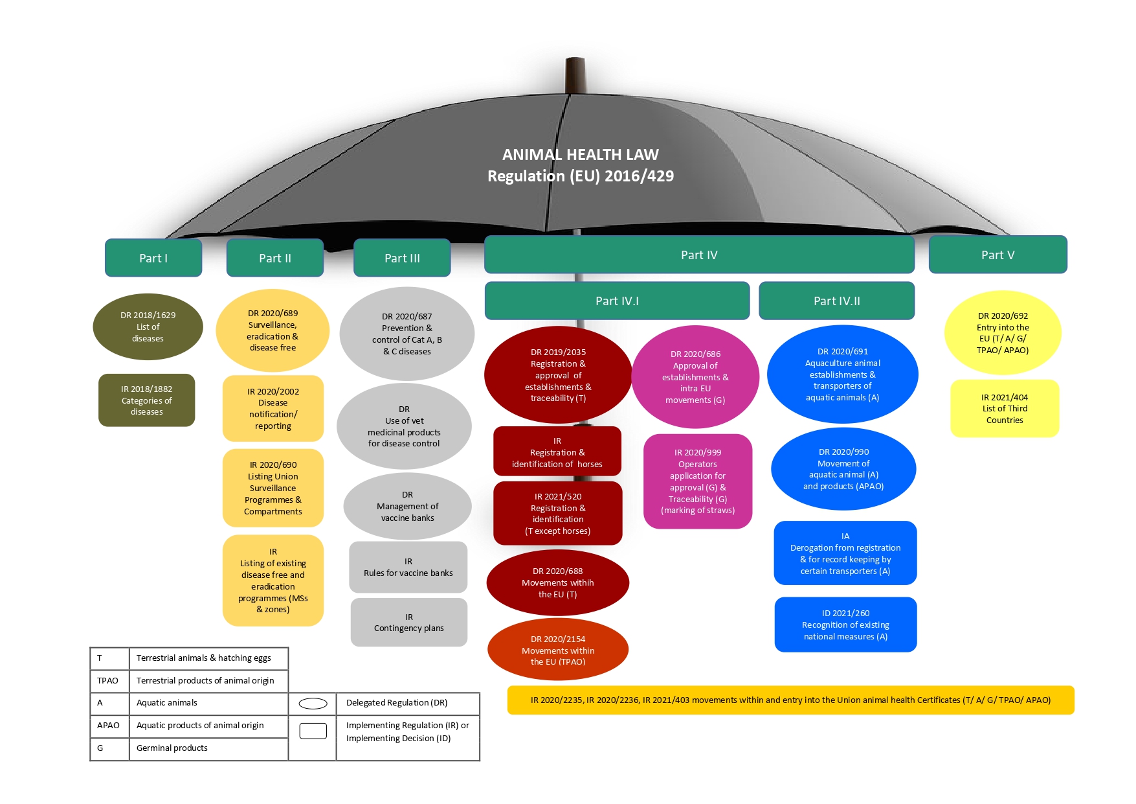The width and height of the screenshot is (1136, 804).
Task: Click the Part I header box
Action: click(x=153, y=258)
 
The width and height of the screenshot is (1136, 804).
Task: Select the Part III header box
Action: click(x=402, y=258)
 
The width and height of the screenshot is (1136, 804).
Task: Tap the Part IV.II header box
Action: click(x=836, y=301)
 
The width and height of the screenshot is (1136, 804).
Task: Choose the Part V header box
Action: click(x=997, y=255)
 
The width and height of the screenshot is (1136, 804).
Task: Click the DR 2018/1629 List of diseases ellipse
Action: click(x=148, y=327)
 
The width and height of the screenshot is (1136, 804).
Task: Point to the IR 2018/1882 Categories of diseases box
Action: click(x=147, y=400)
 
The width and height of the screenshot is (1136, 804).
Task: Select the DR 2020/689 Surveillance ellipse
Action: click(x=273, y=330)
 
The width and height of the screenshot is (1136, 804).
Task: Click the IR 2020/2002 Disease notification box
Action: click(x=273, y=409)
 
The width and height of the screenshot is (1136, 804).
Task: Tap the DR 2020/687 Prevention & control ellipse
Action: click(x=407, y=334)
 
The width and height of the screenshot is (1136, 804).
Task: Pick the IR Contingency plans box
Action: click(x=408, y=623)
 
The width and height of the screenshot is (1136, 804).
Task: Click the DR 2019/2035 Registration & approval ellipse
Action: click(x=558, y=375)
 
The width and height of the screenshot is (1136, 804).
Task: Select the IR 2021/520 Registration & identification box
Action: click(x=558, y=513)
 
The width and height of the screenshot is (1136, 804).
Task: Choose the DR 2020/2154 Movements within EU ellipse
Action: click(x=558, y=650)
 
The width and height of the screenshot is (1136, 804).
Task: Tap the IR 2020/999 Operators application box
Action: click(x=698, y=481)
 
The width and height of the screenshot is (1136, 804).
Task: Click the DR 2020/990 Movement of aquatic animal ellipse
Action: click(x=843, y=469)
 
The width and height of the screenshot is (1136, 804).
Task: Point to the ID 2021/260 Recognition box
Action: click(x=845, y=625)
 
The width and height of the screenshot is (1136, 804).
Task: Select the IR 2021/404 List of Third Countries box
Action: click(x=1005, y=409)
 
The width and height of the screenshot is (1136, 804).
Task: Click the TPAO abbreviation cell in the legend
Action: click(x=109, y=680)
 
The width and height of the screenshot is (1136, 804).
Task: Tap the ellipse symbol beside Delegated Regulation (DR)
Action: click(x=313, y=704)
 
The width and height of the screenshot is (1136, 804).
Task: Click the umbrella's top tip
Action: click(x=575, y=62)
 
